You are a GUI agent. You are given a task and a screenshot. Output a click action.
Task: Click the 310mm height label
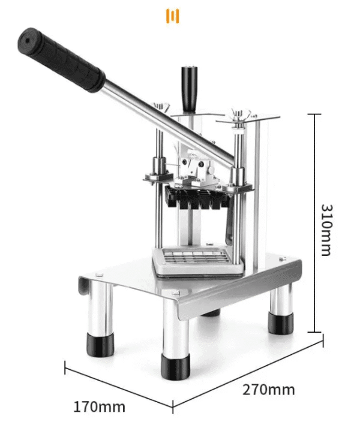pos(326,230)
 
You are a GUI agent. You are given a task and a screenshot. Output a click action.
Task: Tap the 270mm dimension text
pos(269,390)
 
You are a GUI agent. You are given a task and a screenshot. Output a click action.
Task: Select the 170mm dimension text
pos(99,407)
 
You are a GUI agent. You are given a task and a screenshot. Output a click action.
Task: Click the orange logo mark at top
pos(172,16)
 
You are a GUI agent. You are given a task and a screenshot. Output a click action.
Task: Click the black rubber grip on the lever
pos(61,59)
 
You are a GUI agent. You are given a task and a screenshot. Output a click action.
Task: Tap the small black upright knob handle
pos(190,89)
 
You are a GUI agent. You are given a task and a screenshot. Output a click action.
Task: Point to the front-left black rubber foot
pos(100,345)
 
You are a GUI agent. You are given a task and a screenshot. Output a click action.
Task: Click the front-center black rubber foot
pos(176,367)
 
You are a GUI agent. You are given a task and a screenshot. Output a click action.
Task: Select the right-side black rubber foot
pos(280,323)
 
